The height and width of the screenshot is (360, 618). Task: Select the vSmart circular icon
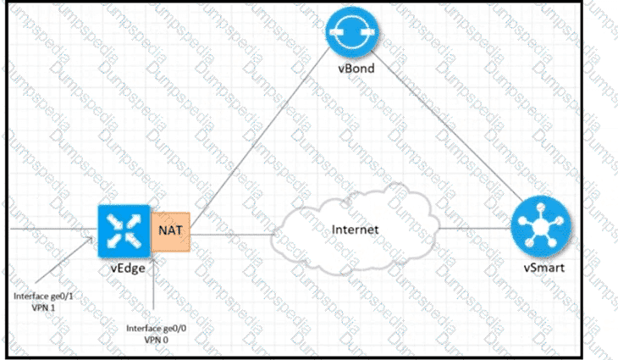541,229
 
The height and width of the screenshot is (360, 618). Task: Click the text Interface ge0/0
153,327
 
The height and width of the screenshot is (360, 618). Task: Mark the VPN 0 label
153,339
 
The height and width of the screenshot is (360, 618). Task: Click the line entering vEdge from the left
51,229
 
